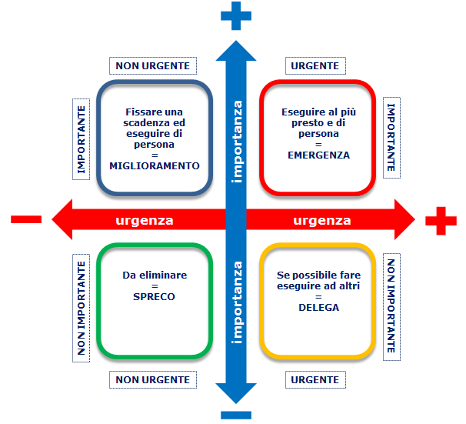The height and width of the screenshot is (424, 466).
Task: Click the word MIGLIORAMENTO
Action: (x=155, y=165)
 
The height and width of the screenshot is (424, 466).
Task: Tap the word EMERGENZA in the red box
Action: (x=318, y=155)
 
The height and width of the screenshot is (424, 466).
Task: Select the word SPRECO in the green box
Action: (x=154, y=296)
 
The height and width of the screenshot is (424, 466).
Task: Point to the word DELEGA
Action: (x=318, y=307)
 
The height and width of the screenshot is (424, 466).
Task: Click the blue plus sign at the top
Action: (x=236, y=15)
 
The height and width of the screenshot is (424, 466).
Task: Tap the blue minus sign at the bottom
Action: (x=236, y=415)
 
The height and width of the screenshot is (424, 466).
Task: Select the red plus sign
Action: (x=441, y=221)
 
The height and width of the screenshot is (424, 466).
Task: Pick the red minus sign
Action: (x=26, y=219)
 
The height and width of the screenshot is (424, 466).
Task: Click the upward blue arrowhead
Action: (x=236, y=51)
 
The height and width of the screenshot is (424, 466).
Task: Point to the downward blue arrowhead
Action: (x=236, y=393)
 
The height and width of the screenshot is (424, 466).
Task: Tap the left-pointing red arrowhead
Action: (x=62, y=219)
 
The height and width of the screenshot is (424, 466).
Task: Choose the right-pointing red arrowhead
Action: (x=404, y=219)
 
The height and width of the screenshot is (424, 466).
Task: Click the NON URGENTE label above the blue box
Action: (x=153, y=65)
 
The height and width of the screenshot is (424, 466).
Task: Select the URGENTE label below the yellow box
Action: (x=315, y=379)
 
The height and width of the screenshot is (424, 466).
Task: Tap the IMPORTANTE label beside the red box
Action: (x=391, y=138)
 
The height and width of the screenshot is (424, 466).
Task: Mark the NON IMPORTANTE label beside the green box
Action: (x=82, y=308)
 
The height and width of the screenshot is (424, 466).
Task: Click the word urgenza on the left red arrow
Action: (x=145, y=220)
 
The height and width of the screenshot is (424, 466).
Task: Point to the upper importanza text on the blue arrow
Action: (x=237, y=142)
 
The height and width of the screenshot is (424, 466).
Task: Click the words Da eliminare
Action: (x=155, y=275)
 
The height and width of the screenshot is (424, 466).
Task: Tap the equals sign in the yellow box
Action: (x=318, y=297)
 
